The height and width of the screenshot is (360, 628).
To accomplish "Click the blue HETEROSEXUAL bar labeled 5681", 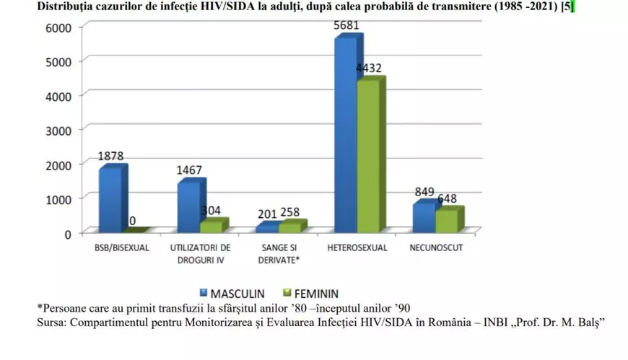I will (x=345, y=135).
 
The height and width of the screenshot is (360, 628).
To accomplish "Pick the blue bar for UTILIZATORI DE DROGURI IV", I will (x=188, y=207).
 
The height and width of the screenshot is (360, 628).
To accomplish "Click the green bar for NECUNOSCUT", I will (x=447, y=221).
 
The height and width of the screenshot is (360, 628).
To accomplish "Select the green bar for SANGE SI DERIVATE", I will (x=289, y=227).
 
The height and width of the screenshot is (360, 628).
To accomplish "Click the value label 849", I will (x=424, y=192).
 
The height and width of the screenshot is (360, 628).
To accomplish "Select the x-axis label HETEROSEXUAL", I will (x=357, y=248).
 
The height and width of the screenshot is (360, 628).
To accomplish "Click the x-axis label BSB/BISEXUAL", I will (x=121, y=248).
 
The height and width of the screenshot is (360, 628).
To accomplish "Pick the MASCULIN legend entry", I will (x=231, y=294).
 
